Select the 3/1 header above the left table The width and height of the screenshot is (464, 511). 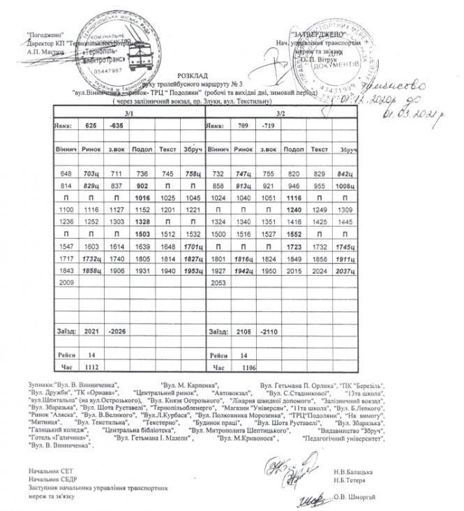point(129,113)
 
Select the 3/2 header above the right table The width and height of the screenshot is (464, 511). point(280,113)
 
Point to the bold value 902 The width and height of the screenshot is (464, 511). point(142,185)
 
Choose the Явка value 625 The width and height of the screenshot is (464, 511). point(91,126)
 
